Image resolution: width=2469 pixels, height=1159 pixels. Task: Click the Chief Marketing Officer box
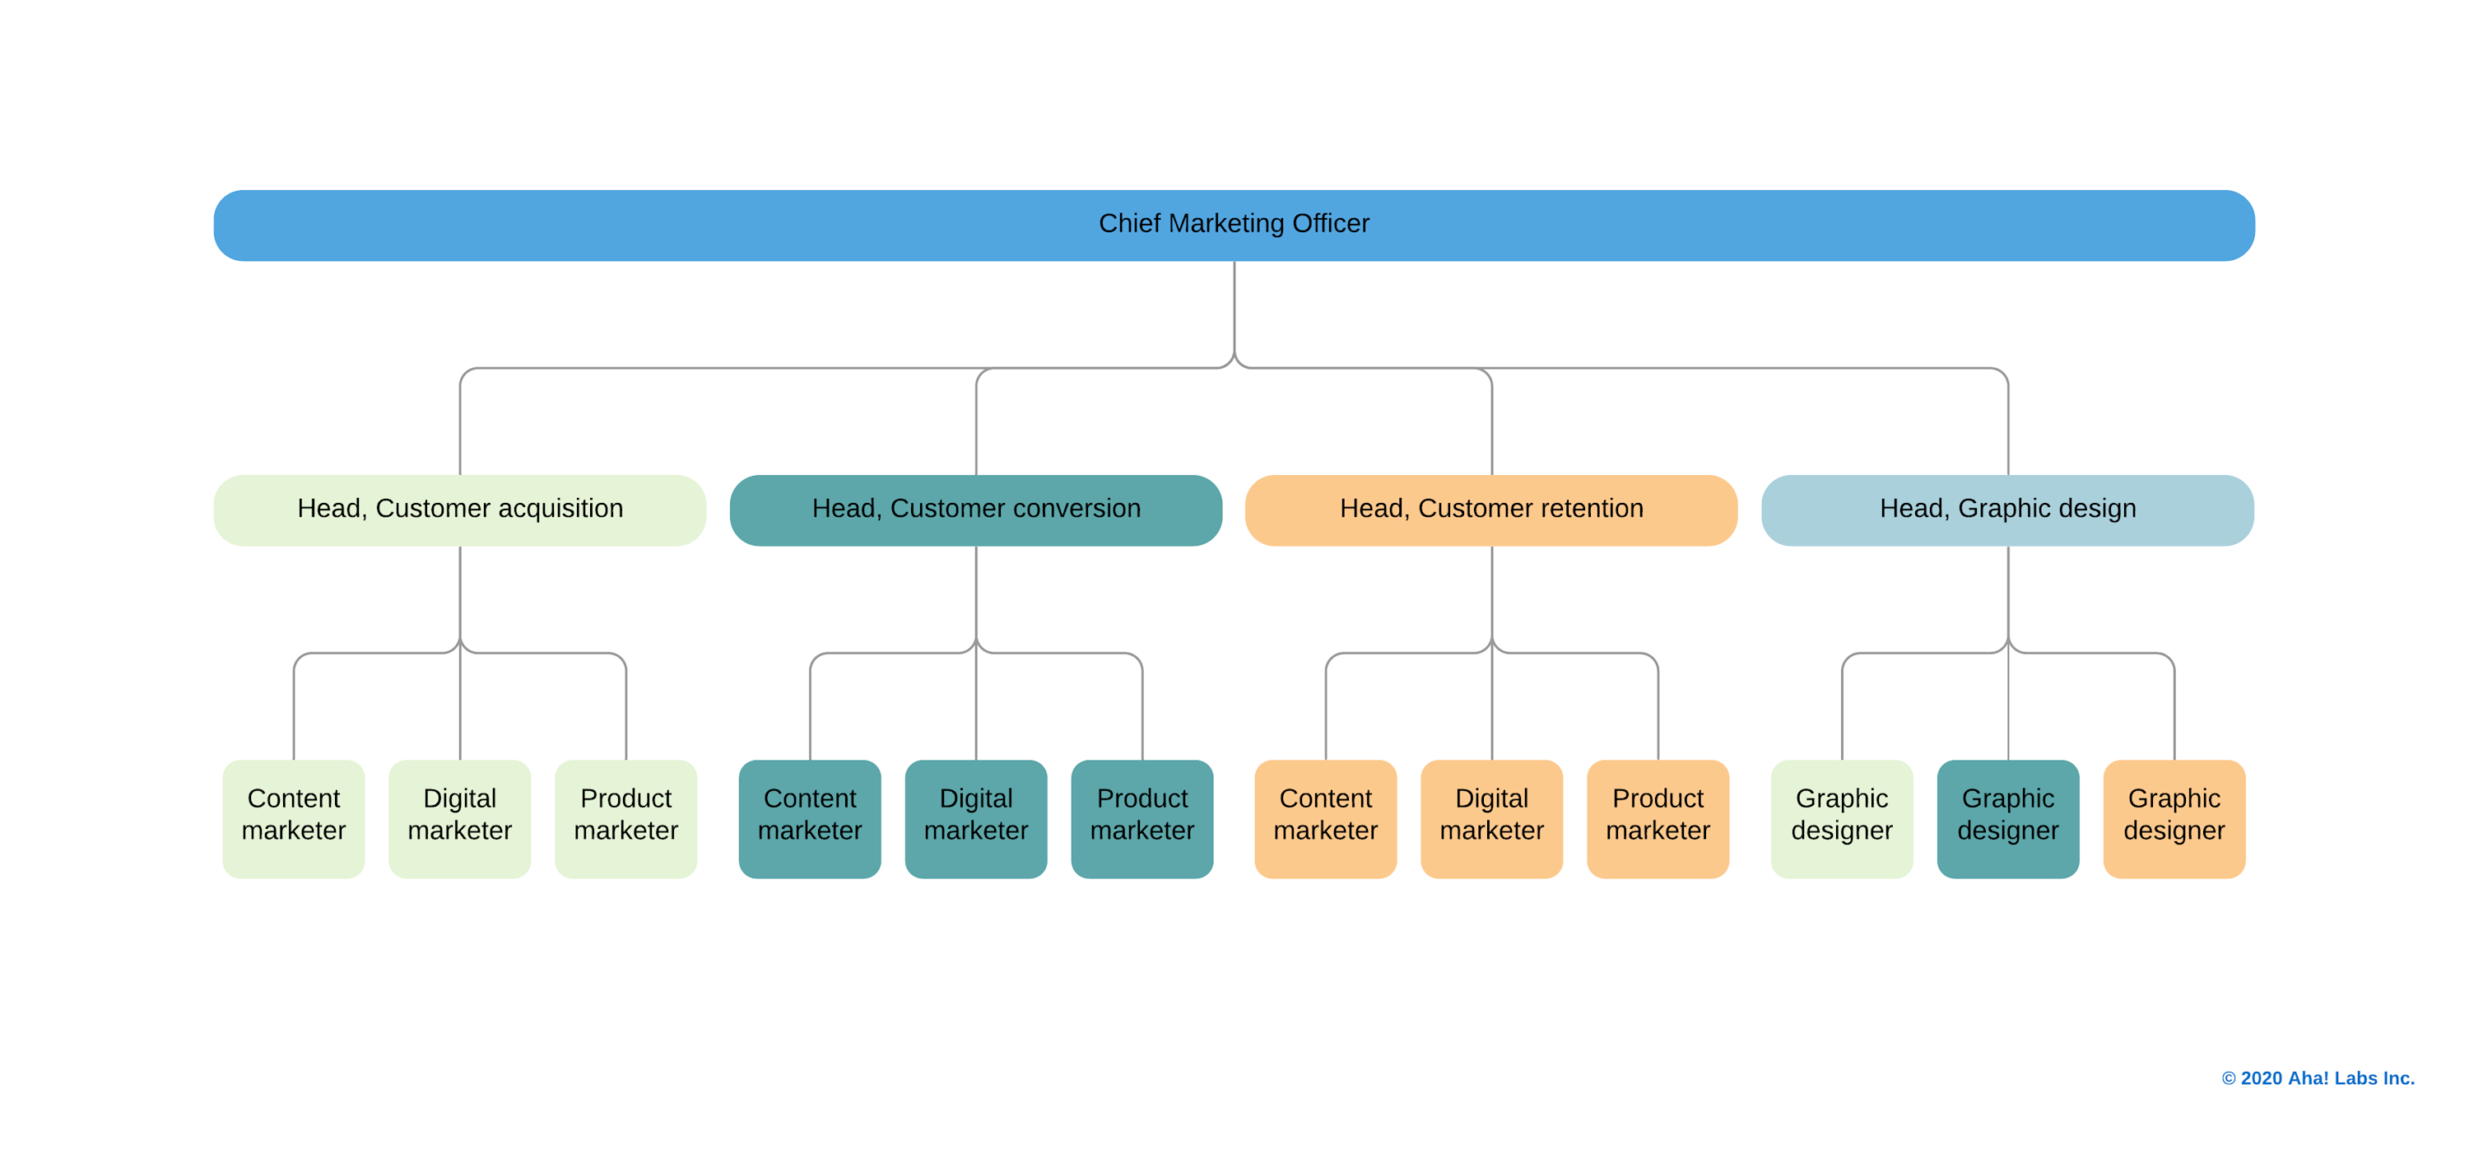pyautogui.click(x=1234, y=226)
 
